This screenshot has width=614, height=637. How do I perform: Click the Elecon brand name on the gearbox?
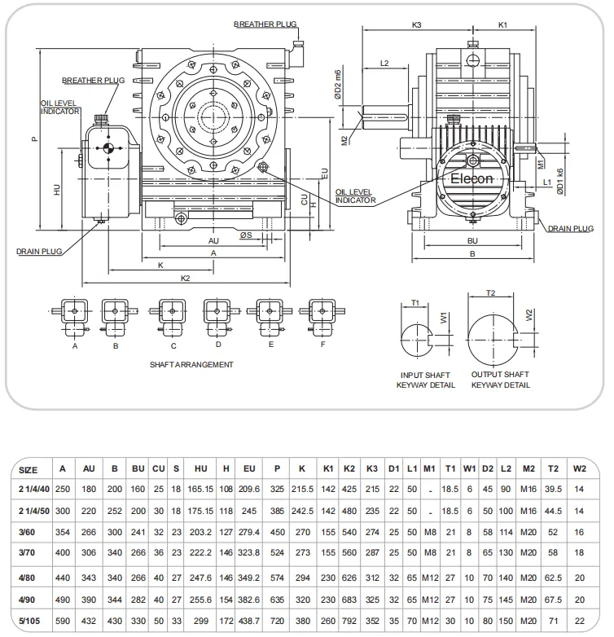(x=472, y=178)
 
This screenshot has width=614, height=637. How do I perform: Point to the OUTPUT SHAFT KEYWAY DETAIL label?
(x=500, y=380)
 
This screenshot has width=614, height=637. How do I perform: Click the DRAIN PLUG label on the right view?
(x=570, y=229)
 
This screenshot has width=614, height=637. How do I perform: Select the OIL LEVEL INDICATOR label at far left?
(x=61, y=108)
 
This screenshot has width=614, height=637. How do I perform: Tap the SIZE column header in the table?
(x=28, y=469)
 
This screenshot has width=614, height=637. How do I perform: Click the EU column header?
(x=249, y=469)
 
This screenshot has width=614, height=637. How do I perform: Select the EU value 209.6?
(x=249, y=489)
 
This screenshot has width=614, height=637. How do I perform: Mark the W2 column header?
(x=579, y=469)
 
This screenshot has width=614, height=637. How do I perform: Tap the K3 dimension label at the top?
(x=417, y=25)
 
